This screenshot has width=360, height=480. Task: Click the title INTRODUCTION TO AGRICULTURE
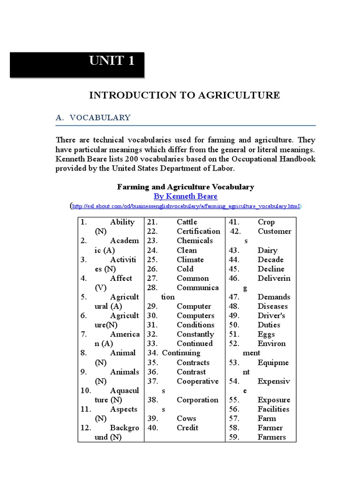pos(185,95)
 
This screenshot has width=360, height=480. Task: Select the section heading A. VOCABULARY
pos(93,118)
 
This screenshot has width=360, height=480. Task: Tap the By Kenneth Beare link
pos(185,196)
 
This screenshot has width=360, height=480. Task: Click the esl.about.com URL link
pos(186,206)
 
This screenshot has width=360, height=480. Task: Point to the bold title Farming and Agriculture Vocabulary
pos(185,187)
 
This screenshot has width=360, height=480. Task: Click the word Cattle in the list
pos(187,222)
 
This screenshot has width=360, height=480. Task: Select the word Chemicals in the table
pos(195,240)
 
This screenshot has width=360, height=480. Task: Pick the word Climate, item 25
pos(190,259)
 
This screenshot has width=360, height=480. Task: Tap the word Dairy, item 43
pos(267,250)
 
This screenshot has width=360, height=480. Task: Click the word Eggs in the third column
pos(266,334)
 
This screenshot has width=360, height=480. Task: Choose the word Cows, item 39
pos(186,418)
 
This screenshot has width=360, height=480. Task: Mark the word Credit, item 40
pos(187,427)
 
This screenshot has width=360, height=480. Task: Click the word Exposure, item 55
pos(274,400)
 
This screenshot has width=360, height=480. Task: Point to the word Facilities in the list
pos(273,409)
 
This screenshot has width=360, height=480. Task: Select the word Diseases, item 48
pos(272,306)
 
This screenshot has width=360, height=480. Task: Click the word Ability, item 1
pos(122,222)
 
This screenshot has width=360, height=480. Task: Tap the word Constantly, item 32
pos(195,334)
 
